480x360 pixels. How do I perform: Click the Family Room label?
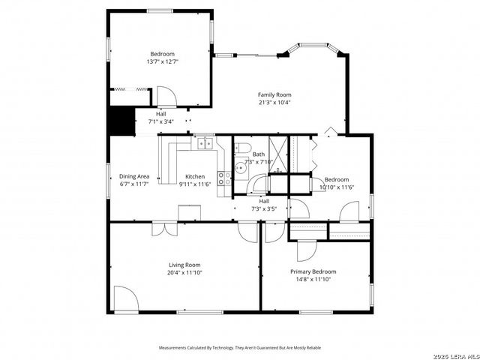point(274,94)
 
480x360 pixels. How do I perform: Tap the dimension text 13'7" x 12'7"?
point(162,62)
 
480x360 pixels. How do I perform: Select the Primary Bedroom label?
point(313,271)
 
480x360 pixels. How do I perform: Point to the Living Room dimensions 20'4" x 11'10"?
point(184,273)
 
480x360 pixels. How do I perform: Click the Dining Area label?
point(134,176)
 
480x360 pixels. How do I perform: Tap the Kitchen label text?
point(195,176)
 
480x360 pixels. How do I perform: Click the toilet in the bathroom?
point(241,147)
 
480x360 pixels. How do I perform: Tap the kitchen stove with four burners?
point(224,178)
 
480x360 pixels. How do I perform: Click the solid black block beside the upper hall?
point(120,119)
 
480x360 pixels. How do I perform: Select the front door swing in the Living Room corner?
point(125,298)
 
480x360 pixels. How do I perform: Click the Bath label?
point(259,154)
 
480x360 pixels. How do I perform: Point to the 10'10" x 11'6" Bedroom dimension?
point(336,187)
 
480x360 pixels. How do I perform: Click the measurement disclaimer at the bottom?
point(239,348)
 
